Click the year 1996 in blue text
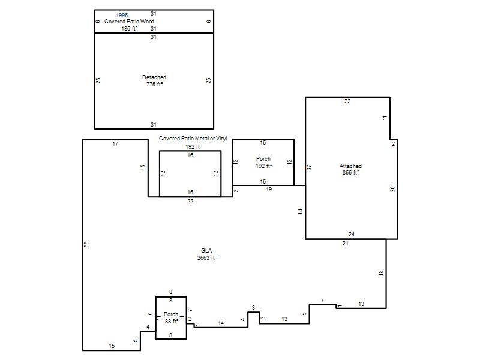[x=122, y=16]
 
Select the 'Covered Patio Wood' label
[x=129, y=22]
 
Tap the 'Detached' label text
[x=154, y=77]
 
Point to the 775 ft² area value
[x=154, y=84]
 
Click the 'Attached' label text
[x=350, y=166]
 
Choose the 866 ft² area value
[x=350, y=173]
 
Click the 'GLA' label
[x=206, y=250]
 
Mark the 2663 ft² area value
[x=207, y=258]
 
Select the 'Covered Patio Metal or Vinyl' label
[x=193, y=139]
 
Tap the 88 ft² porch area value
[x=172, y=322]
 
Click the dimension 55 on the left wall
[x=86, y=244]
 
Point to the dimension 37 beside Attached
[x=309, y=167]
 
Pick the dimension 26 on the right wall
[x=392, y=189]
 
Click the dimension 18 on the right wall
[x=381, y=272]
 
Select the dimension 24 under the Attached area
[x=352, y=235]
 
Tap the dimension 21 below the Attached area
[x=346, y=244]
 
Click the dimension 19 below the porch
[x=269, y=190]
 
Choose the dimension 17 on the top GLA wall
[x=115, y=144]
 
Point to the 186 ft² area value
[x=130, y=28]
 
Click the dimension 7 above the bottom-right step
[x=322, y=300]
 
